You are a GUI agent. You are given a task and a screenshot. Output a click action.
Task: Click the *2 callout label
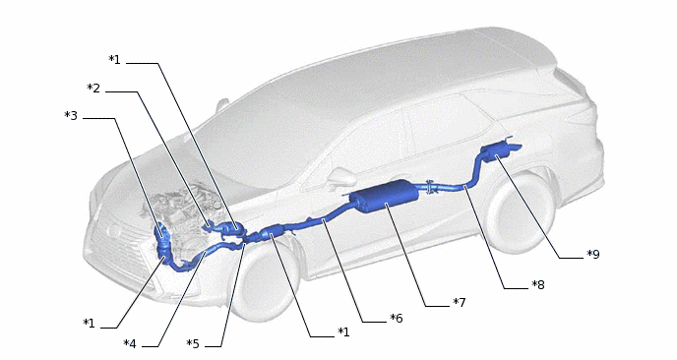[93, 89]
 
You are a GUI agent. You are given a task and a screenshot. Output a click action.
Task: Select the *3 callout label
[71, 116]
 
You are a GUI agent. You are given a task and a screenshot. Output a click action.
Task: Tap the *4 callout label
[130, 344]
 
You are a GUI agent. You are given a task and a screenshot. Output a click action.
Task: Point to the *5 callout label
[193, 344]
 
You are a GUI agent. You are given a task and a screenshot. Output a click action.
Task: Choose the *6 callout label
[397, 319]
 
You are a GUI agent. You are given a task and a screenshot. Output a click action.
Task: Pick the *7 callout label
[460, 303]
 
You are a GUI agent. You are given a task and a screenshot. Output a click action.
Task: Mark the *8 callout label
[538, 285]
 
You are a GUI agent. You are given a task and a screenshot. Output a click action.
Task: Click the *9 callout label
[593, 255]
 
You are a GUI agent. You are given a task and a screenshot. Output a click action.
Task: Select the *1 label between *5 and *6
[343, 331]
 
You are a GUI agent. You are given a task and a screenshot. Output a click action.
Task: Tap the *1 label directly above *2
[114, 60]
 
